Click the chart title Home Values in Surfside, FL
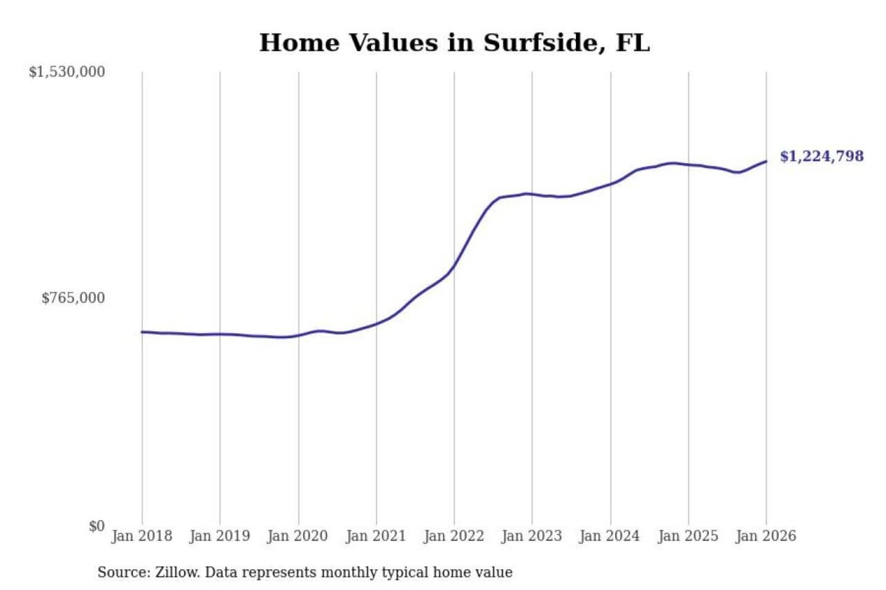coord(454,43)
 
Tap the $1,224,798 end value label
coord(821,156)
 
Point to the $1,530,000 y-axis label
coord(67,72)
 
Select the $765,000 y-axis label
coord(73,298)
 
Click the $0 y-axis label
coord(97,526)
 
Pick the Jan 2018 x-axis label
coord(142,536)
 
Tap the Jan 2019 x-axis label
coord(220,536)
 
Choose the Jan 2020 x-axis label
coord(298,536)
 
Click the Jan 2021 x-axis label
coord(376,536)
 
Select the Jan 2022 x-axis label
coord(454,536)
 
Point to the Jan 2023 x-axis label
coord(532,536)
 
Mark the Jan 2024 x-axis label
coord(610,536)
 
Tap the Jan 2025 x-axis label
coord(688,536)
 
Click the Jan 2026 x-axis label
coord(766,536)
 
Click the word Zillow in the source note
coord(177,573)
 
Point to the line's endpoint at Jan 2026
coord(766,162)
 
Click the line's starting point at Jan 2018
coord(142,332)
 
